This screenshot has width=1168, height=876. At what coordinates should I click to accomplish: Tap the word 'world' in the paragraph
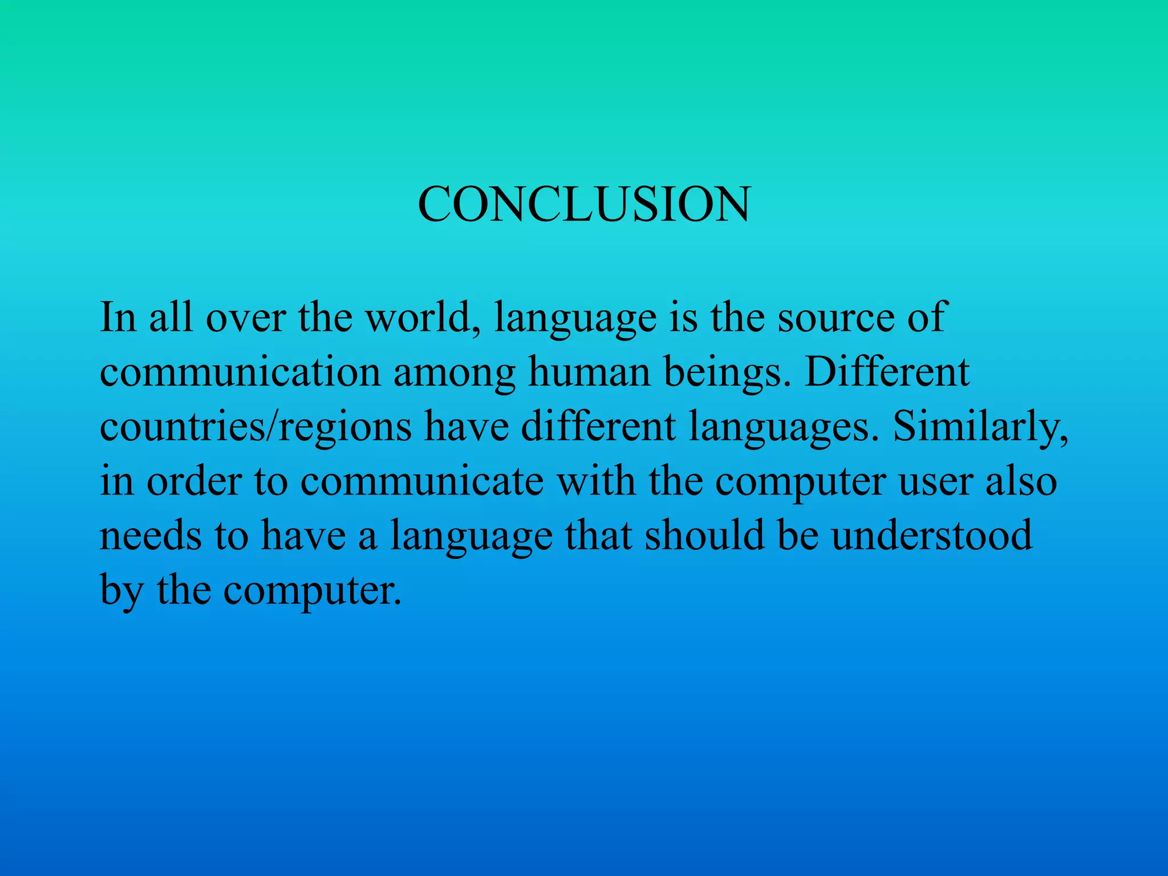422,317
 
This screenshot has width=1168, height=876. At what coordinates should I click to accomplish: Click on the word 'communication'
240,372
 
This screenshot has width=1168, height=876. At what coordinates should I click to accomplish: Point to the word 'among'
454,373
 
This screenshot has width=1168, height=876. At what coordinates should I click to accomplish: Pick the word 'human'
589,372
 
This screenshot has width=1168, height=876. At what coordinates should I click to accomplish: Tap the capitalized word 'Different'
887,372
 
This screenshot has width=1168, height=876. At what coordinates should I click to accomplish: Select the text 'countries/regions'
255,427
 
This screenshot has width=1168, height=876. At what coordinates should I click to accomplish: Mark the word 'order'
194,481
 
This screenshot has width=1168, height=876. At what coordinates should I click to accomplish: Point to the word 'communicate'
422,481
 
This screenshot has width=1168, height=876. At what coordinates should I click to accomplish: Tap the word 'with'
596,481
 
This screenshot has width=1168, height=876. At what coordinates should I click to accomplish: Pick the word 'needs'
151,536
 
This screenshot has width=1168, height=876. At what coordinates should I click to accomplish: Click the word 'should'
704,536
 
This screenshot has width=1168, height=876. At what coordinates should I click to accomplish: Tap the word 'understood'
931,536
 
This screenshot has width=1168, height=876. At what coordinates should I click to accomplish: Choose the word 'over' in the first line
246,318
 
